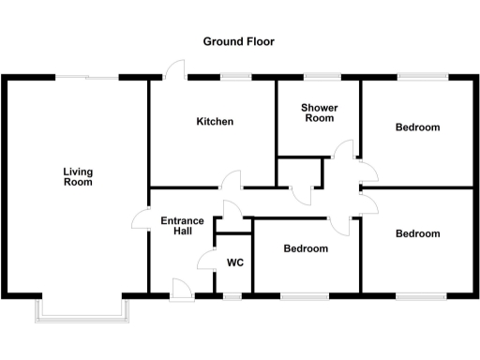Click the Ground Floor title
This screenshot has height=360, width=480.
tap(239, 42)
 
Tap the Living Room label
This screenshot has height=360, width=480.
tap(78, 176)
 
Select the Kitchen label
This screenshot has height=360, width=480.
tap(215, 122)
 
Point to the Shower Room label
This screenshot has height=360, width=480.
tap(319, 113)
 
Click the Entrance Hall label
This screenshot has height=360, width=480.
tap(182, 227)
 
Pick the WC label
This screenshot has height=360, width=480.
tap(234, 262)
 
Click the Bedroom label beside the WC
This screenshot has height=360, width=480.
tap(306, 248)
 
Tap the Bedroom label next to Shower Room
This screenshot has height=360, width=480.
tap(417, 127)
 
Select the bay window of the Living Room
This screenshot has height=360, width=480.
tap(82, 311)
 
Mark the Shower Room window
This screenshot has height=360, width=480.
tap(320, 76)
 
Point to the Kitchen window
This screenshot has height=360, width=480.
tap(234, 76)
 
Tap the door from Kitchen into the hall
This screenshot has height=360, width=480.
tap(232, 179)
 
